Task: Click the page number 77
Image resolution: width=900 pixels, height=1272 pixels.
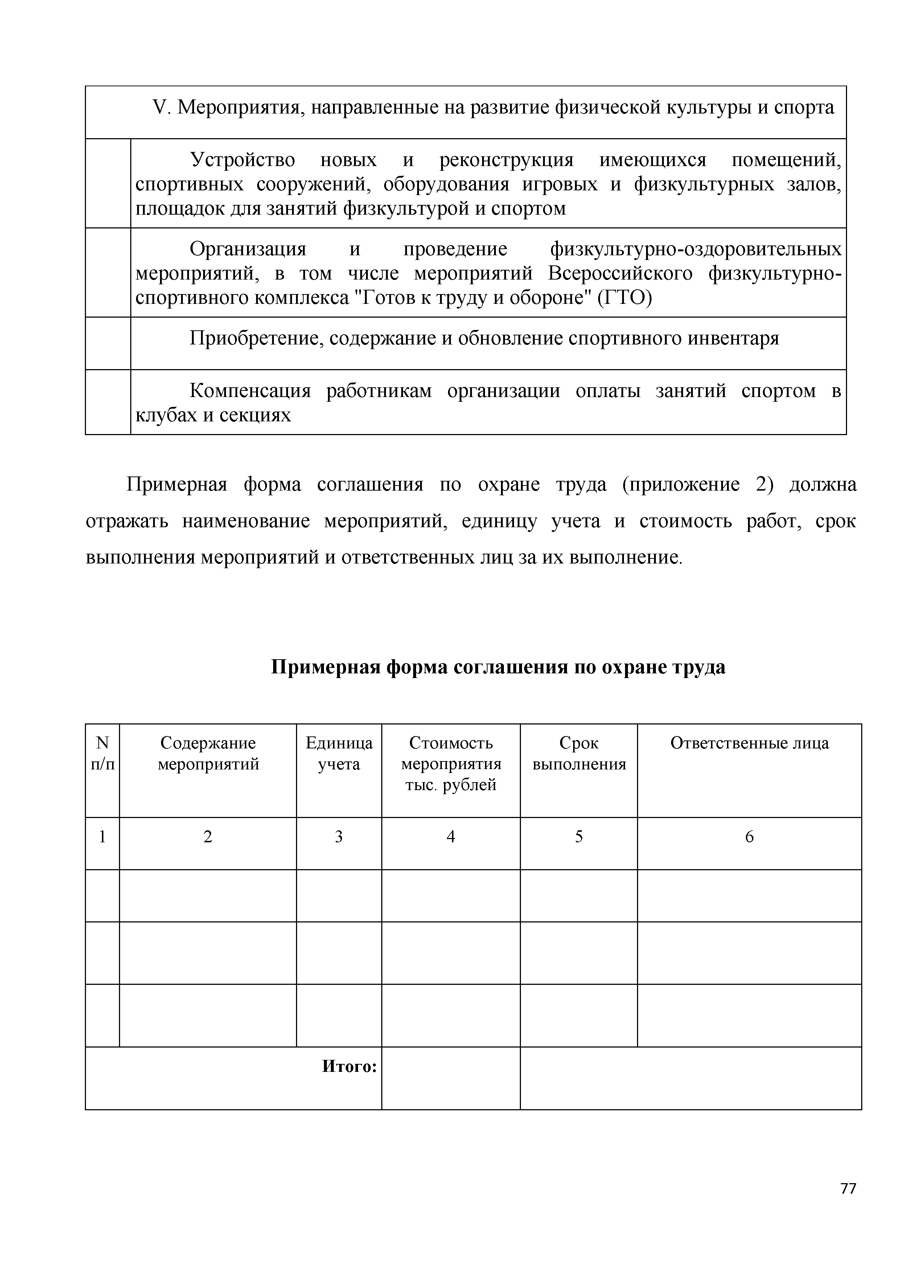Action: pos(848,1204)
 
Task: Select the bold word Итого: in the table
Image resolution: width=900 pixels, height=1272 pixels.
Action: pos(349,1066)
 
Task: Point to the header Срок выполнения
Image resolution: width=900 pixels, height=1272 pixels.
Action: pos(579,753)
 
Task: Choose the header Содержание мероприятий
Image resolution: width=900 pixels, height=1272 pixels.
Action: pos(208,753)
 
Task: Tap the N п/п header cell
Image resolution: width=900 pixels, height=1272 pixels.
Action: pos(103,753)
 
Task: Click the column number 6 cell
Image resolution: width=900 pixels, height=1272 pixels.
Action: pos(749,837)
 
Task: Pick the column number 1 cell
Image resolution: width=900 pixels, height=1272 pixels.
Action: pos(103,837)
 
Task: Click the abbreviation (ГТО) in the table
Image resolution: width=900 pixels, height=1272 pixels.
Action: pos(625,298)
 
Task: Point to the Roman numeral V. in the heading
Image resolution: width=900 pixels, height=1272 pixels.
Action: pos(161,107)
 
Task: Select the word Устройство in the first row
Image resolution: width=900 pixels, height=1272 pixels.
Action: pos(242,160)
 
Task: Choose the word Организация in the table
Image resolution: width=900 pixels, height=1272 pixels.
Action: pos(248,249)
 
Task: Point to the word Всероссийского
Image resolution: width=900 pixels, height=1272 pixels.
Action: pos(620,274)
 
